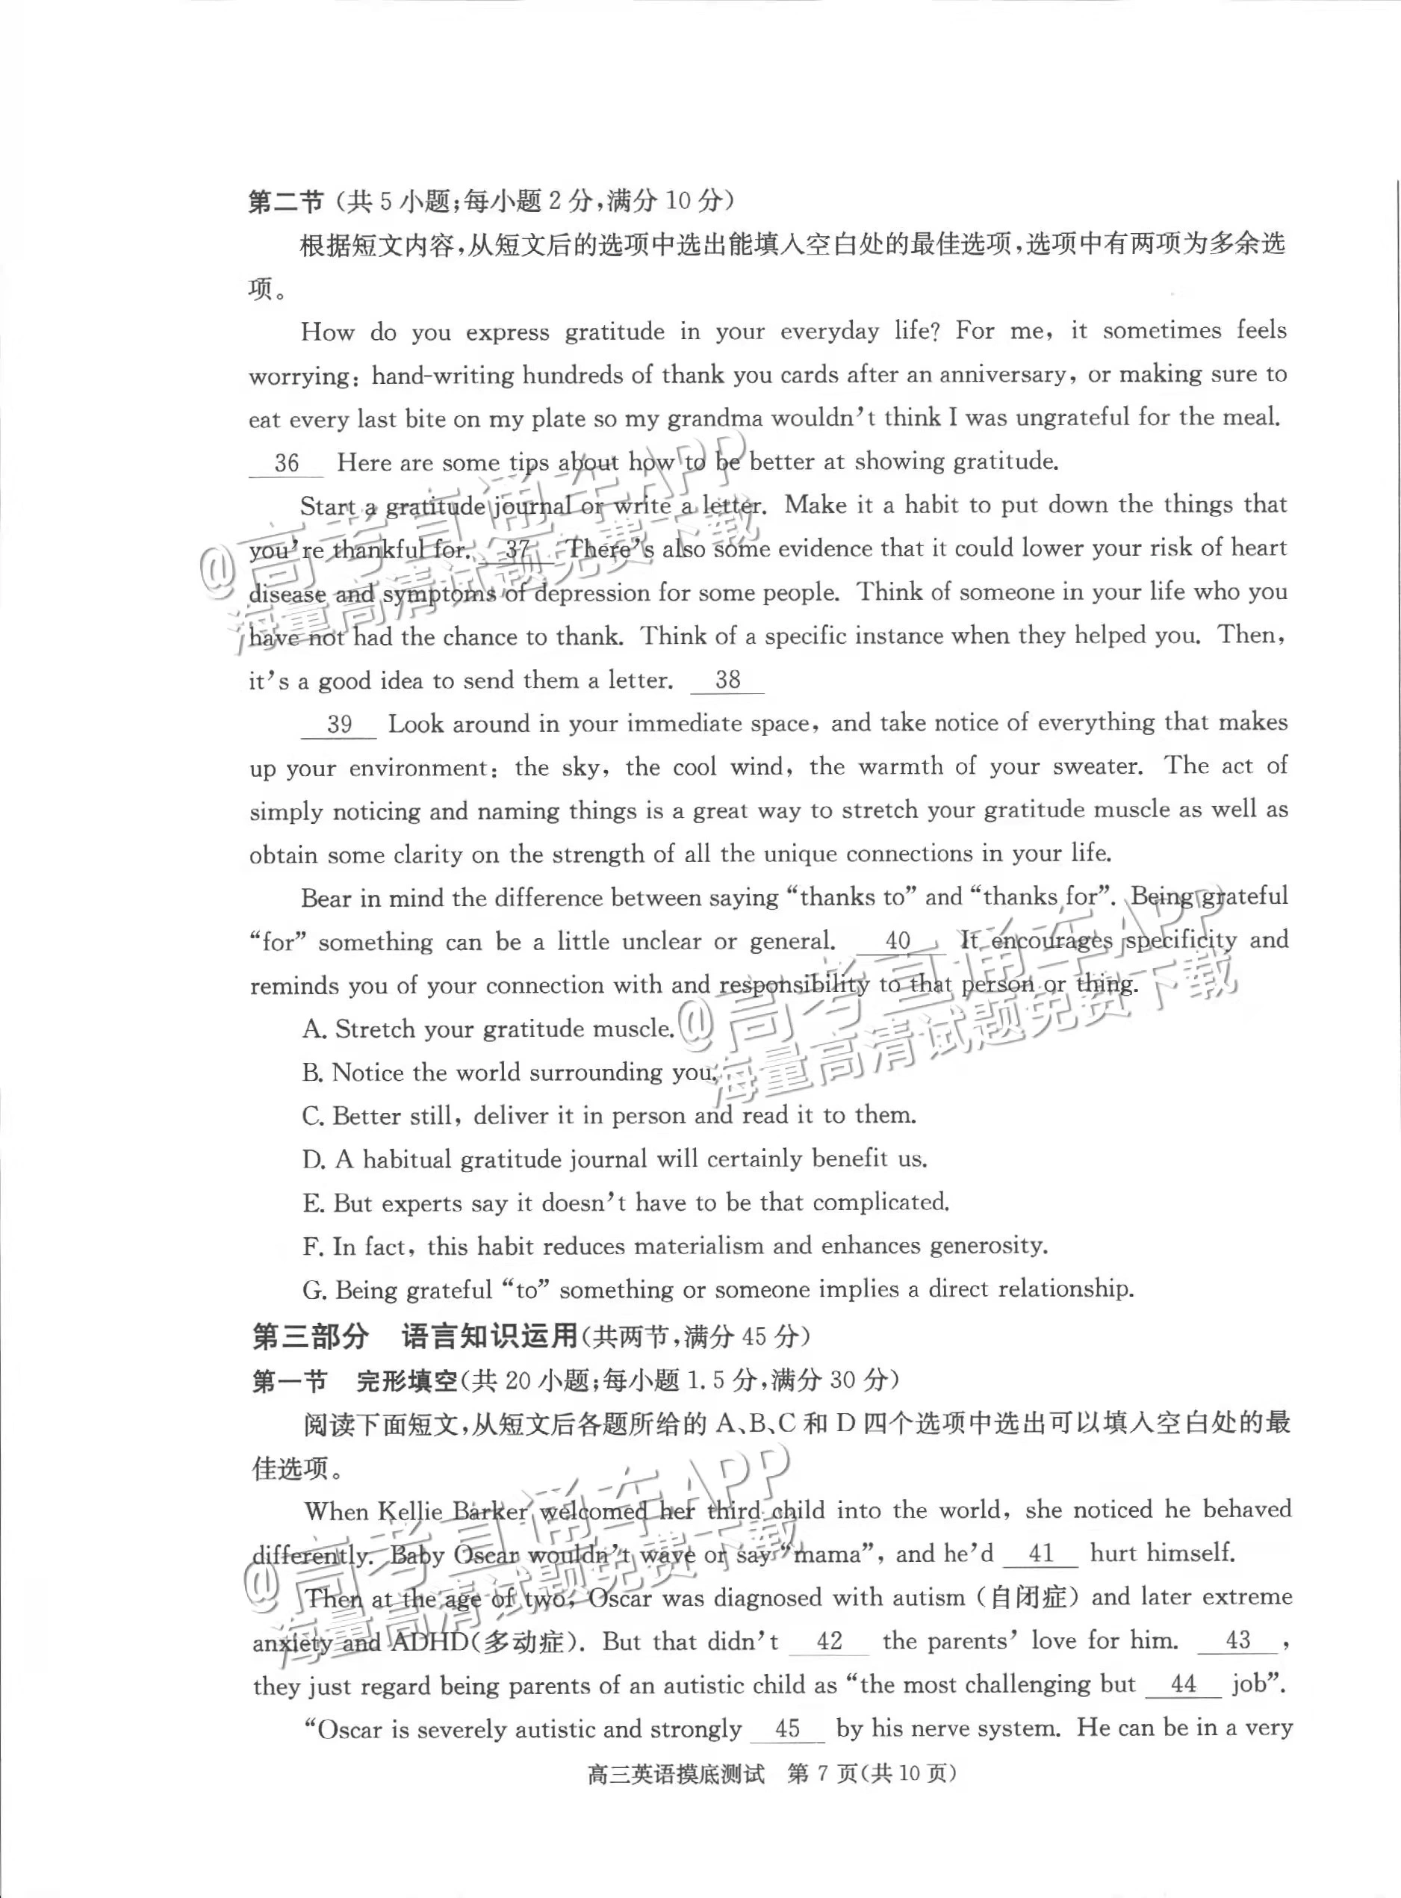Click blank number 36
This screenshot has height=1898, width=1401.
(x=287, y=463)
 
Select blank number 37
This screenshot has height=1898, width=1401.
(x=518, y=550)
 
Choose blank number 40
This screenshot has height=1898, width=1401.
(x=897, y=940)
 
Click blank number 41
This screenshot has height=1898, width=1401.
(x=1040, y=1554)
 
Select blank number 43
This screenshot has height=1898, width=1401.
(x=1237, y=1640)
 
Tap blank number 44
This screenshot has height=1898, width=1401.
(x=1182, y=1684)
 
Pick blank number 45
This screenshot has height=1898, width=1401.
(x=788, y=1728)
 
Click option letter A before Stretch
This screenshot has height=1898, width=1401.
(x=314, y=1029)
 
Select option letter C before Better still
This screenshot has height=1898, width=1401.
(x=313, y=1116)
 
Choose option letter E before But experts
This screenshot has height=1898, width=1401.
(x=313, y=1203)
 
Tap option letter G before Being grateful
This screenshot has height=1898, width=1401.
(x=314, y=1291)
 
